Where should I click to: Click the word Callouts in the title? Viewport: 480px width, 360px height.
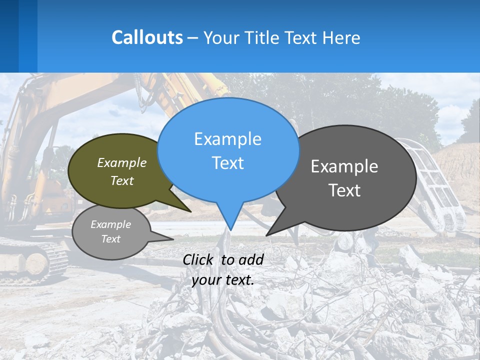tap(147, 37)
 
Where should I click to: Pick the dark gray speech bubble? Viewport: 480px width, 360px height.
tap(350, 210)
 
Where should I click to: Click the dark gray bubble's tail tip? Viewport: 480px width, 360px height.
tap(267, 235)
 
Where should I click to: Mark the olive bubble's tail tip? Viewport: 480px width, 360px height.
tap(190, 211)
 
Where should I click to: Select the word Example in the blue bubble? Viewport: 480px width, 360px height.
tap(227, 139)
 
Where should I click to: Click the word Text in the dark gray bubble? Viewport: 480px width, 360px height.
tap(344, 190)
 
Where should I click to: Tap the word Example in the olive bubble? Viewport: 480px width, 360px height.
tap(121, 162)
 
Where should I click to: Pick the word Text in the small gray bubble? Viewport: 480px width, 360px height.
tap(110, 239)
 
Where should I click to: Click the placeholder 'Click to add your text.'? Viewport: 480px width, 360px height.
tap(223, 270)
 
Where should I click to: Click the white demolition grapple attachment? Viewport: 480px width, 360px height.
tap(435, 185)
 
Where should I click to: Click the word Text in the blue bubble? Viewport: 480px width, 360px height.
tap(227, 163)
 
